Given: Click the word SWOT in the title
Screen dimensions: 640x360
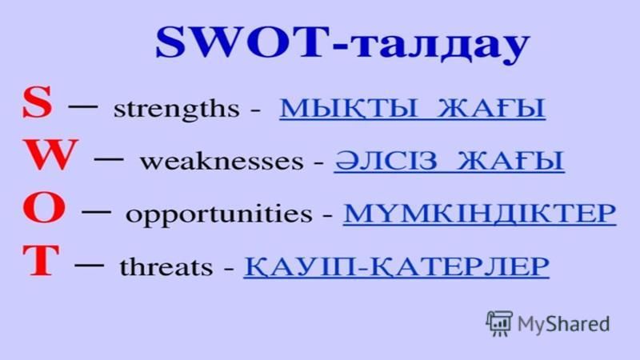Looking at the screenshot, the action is point(243,42).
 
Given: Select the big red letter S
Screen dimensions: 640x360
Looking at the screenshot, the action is point(38,102).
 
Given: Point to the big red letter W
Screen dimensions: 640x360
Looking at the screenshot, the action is point(50,154).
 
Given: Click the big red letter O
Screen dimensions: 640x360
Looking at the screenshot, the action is point(44,208).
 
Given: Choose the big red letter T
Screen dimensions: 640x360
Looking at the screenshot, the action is point(41,260).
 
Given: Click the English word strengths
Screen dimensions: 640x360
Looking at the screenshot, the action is point(176,110).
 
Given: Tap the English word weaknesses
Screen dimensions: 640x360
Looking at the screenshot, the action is point(222,162).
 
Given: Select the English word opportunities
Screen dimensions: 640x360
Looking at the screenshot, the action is point(218,214).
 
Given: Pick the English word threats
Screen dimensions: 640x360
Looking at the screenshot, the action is point(166,267).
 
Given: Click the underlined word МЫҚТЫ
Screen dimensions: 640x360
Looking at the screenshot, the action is point(349,109).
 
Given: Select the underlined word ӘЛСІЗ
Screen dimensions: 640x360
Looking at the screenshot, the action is point(386,161).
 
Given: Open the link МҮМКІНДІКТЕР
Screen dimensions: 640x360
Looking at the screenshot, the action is point(479,213).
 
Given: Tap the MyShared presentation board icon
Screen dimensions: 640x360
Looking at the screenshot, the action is point(498,323).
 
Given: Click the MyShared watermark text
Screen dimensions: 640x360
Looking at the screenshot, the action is point(563,324).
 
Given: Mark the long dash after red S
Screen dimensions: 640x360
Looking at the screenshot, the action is point(83,106).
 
